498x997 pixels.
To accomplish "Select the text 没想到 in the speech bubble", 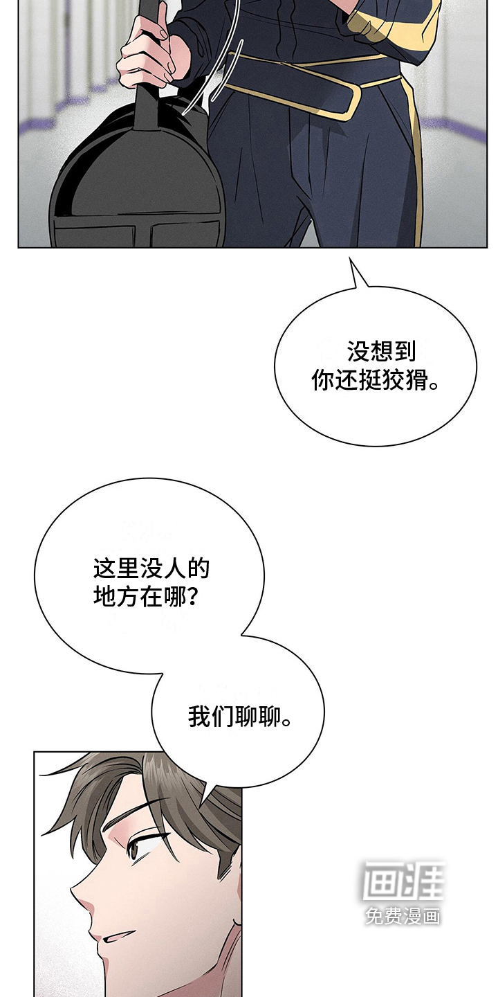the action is [x=381, y=351].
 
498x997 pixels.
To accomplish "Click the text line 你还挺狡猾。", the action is [x=376, y=380].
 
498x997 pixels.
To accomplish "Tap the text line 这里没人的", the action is [x=151, y=569].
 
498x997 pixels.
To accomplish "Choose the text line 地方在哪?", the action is [x=145, y=596].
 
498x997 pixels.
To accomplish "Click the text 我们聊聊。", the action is [x=239, y=716].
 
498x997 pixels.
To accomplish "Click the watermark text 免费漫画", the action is [x=403, y=915].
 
